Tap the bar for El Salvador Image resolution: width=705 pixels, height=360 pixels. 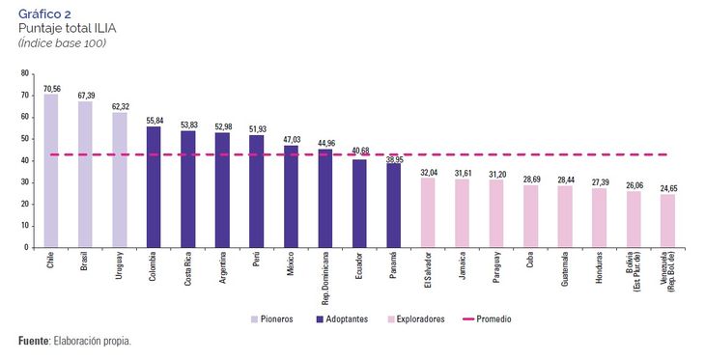click(x=428, y=212)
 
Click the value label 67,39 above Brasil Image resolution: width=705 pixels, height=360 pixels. click(x=85, y=96)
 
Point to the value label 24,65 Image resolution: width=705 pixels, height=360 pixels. click(x=667, y=187)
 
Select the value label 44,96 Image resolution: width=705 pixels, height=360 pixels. click(x=325, y=143)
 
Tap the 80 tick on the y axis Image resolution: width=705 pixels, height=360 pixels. click(x=24, y=74)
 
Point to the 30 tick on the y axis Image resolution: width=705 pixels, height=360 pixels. click(x=24, y=182)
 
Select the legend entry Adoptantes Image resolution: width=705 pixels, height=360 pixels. click(x=345, y=318)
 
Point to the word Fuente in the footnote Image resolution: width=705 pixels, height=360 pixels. click(x=35, y=341)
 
